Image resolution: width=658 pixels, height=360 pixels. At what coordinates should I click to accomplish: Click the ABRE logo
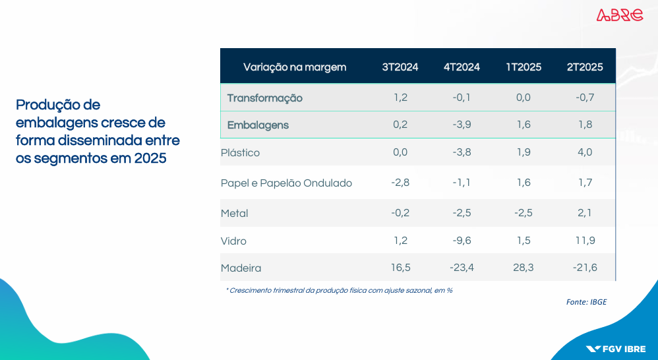tap(620, 15)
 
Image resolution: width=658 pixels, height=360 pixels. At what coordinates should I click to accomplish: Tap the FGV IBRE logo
tap(616, 349)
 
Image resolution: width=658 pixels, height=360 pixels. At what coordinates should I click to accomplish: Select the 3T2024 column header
tap(400, 67)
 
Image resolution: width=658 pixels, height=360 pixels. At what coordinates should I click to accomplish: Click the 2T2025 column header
tap(585, 67)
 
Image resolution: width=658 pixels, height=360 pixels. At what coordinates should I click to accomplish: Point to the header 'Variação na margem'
tap(295, 67)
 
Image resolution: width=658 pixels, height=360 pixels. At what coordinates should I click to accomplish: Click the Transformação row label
tap(265, 98)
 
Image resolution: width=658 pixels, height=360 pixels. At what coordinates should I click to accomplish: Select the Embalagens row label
tap(258, 125)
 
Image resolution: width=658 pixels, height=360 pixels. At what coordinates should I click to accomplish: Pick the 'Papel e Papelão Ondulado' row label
tap(286, 183)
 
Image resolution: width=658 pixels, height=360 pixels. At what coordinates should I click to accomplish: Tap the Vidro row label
tap(233, 241)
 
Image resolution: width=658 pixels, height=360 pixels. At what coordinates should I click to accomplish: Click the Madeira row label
tap(241, 268)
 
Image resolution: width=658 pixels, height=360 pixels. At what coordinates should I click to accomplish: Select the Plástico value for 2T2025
tap(585, 152)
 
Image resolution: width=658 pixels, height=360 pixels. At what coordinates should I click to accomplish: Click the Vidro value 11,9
tap(585, 241)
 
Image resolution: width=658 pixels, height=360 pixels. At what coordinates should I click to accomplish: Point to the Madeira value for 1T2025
tap(523, 267)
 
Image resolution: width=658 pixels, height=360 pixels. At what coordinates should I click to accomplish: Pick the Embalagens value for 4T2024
tap(462, 125)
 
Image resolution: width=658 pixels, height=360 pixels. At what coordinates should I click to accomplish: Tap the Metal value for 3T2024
tap(400, 213)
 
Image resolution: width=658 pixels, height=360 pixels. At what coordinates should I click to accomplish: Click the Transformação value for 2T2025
tap(585, 98)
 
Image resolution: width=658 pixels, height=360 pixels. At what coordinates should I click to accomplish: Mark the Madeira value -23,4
tap(462, 267)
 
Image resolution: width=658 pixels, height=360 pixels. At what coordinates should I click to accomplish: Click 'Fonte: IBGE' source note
tap(586, 302)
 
